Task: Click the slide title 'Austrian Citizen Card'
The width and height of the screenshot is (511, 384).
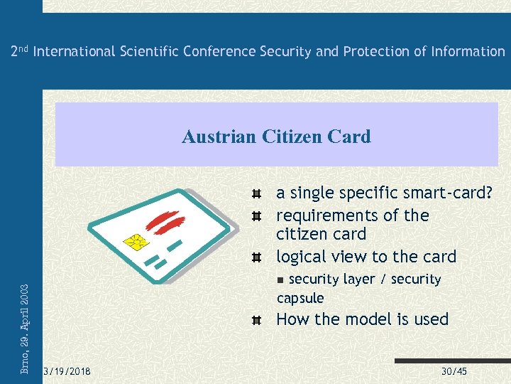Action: [x=276, y=137]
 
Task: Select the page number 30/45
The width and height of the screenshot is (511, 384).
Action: [x=454, y=372]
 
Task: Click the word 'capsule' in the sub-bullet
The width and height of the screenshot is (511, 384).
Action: [x=300, y=298]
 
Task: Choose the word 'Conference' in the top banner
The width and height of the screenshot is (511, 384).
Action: [x=220, y=51]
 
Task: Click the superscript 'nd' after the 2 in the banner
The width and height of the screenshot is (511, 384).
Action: [x=23, y=48]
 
